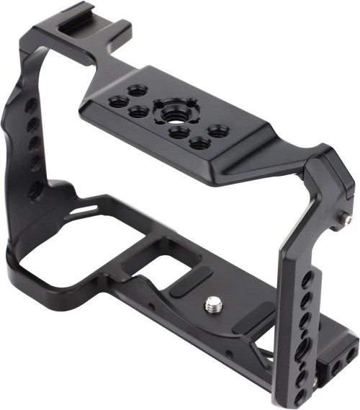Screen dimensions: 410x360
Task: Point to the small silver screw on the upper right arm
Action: point(348,217)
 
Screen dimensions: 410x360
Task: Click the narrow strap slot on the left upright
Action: point(87,208)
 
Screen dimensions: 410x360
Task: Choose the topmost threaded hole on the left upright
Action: point(31,106)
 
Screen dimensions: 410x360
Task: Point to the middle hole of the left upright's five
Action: point(32,144)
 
